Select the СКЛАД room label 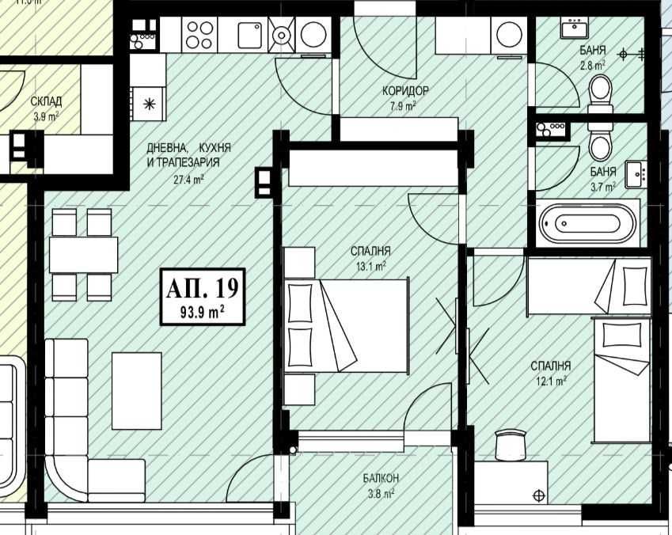(x=46, y=101)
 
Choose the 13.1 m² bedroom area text (x=370, y=267)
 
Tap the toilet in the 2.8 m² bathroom (x=601, y=90)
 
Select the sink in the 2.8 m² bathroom (x=573, y=29)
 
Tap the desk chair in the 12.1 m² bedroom (x=511, y=445)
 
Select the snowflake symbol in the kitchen (x=148, y=102)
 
